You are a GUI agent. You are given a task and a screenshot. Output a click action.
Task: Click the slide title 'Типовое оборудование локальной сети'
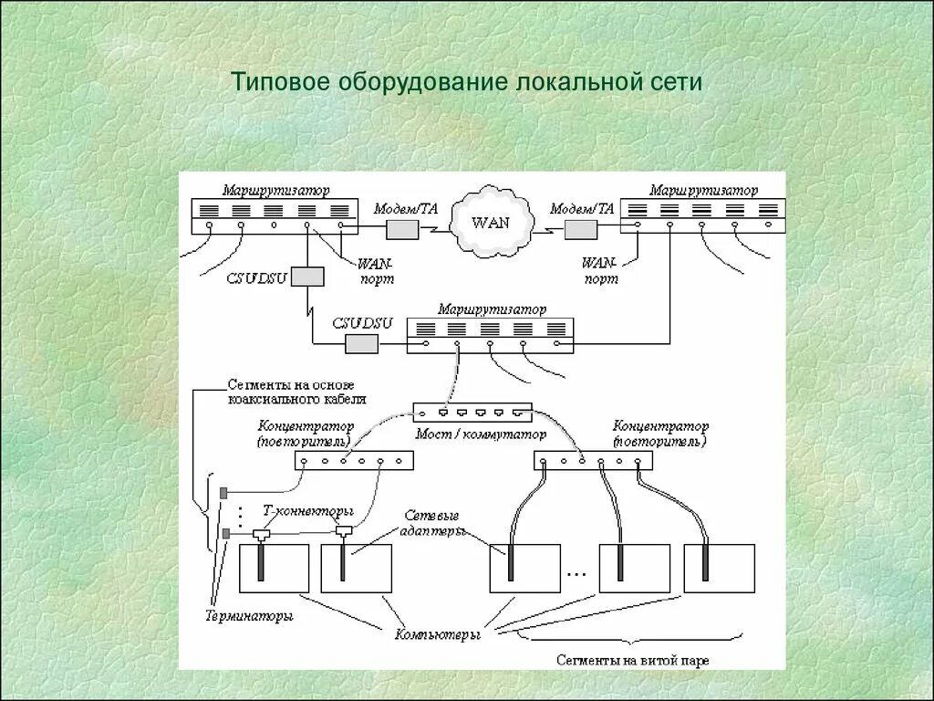466,82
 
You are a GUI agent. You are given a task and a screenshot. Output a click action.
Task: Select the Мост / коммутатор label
480,434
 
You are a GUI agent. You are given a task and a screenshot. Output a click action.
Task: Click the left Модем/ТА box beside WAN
402,229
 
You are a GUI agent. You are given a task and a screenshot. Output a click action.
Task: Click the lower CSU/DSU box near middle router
361,343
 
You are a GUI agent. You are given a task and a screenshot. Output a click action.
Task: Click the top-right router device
703,214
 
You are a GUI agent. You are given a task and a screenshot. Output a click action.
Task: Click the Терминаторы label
248,617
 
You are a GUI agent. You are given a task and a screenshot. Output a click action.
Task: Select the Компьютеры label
437,633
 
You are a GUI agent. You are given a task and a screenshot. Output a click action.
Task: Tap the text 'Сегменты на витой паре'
632,658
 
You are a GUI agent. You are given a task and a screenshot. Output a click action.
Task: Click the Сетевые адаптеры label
433,524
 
